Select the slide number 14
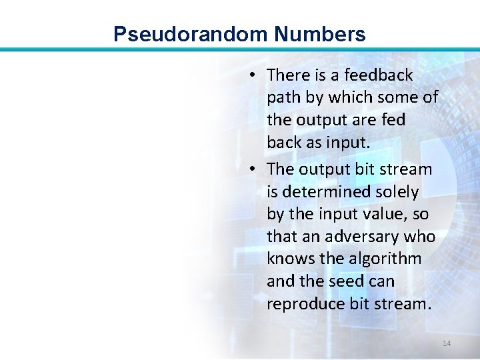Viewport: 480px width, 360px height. click(x=447, y=343)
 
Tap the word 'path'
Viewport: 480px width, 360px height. click(x=283, y=98)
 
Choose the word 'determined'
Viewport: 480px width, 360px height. click(x=324, y=193)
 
